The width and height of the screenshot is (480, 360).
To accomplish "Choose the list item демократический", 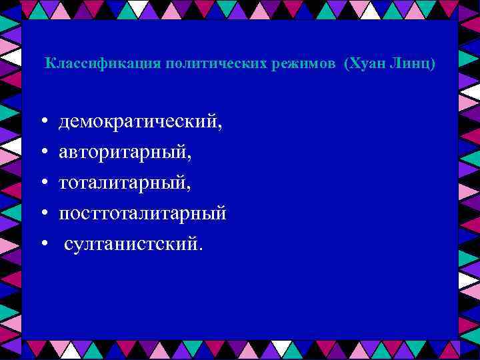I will point(140,122).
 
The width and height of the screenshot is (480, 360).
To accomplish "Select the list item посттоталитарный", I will point(143,213).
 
